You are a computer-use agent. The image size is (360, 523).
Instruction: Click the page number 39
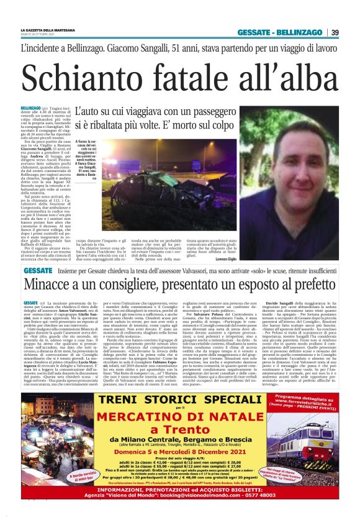(x=335, y=32)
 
